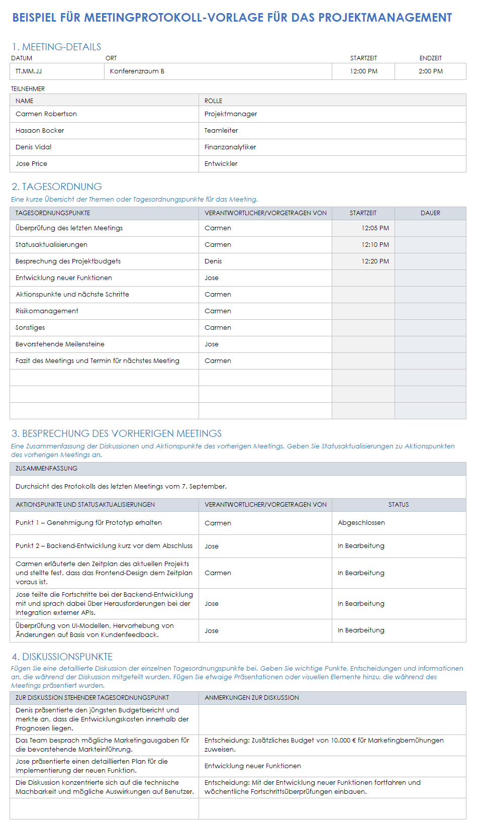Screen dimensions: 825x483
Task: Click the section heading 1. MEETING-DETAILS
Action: coord(56,47)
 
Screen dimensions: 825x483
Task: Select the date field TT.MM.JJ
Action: coord(29,71)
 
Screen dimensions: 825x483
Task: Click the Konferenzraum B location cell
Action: coord(137,71)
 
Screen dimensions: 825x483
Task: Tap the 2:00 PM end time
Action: coord(430,71)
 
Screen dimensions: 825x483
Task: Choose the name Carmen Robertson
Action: coord(46,114)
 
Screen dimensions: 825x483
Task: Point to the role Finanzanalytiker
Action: coord(230,147)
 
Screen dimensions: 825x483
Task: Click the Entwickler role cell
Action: coord(221,164)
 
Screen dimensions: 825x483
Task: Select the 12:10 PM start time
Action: coord(375,245)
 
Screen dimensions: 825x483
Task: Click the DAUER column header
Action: coord(430,213)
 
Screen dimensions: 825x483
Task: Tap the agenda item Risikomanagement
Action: coord(47,311)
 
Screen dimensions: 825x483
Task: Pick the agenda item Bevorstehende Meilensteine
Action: coord(60,344)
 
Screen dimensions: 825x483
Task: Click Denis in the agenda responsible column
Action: coord(213,261)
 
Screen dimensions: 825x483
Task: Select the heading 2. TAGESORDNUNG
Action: coord(57,187)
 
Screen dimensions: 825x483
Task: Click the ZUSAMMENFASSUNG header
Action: coord(46,469)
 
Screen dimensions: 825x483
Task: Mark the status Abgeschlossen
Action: coord(361,523)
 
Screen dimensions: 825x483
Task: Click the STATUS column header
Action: coord(399,505)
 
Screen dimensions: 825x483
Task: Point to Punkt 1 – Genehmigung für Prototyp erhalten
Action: coord(88,523)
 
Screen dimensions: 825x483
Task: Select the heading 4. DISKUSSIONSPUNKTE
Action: coord(62,657)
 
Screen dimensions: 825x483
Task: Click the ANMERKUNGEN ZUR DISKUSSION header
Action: coord(252,698)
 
